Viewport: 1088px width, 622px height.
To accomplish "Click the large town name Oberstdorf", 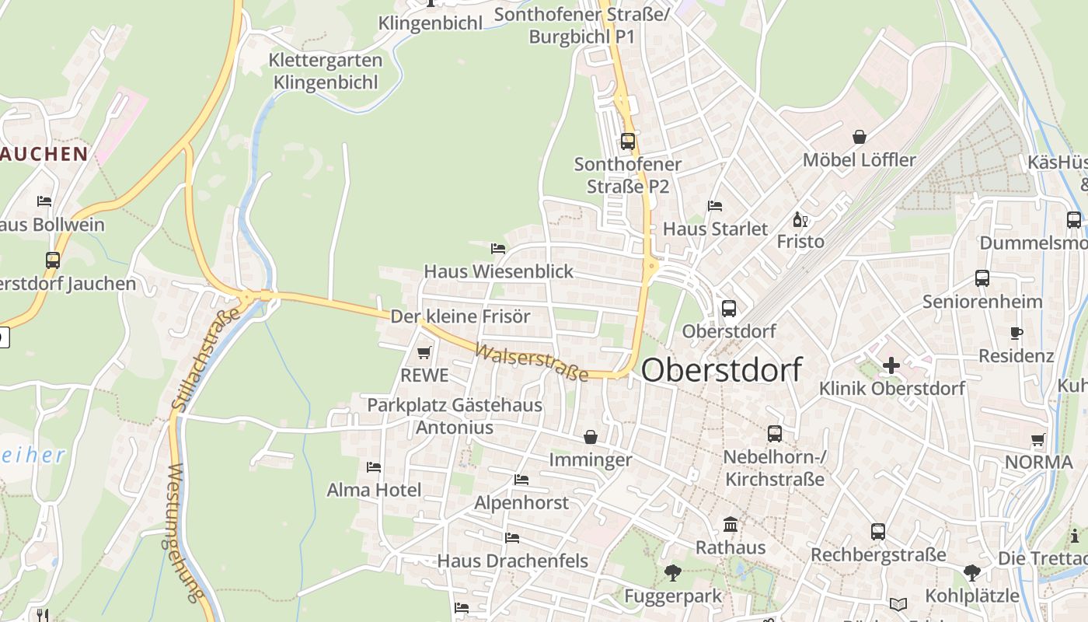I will [x=721, y=370].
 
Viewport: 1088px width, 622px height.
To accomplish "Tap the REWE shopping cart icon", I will [x=424, y=353].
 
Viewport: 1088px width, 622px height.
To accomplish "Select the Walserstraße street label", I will [x=532, y=363].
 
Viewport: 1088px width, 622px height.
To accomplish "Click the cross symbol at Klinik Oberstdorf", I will [x=891, y=365].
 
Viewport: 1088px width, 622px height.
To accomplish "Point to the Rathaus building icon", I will [x=731, y=525].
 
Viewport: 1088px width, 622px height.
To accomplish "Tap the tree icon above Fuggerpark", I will [x=673, y=574].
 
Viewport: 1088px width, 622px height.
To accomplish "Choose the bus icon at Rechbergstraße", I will [x=878, y=532].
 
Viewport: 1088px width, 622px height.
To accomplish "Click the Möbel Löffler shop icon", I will [x=860, y=138].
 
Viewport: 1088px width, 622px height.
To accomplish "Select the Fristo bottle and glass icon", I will [x=800, y=219].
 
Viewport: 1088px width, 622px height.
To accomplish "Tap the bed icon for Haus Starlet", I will [x=715, y=206].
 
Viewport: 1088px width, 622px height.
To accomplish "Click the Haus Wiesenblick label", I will [x=498, y=271].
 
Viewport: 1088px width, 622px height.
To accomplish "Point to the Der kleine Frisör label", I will [x=460, y=316].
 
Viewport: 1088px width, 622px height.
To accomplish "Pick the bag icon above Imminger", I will [x=591, y=437].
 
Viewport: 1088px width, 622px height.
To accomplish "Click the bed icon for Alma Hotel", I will [x=374, y=467].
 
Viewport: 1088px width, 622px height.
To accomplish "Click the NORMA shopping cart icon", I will [x=1037, y=440].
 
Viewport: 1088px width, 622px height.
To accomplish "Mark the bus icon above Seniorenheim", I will [x=982, y=278].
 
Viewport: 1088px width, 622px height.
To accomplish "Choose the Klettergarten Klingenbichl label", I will [x=325, y=71].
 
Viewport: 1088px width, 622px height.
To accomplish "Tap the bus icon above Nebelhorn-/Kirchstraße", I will [x=775, y=434].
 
